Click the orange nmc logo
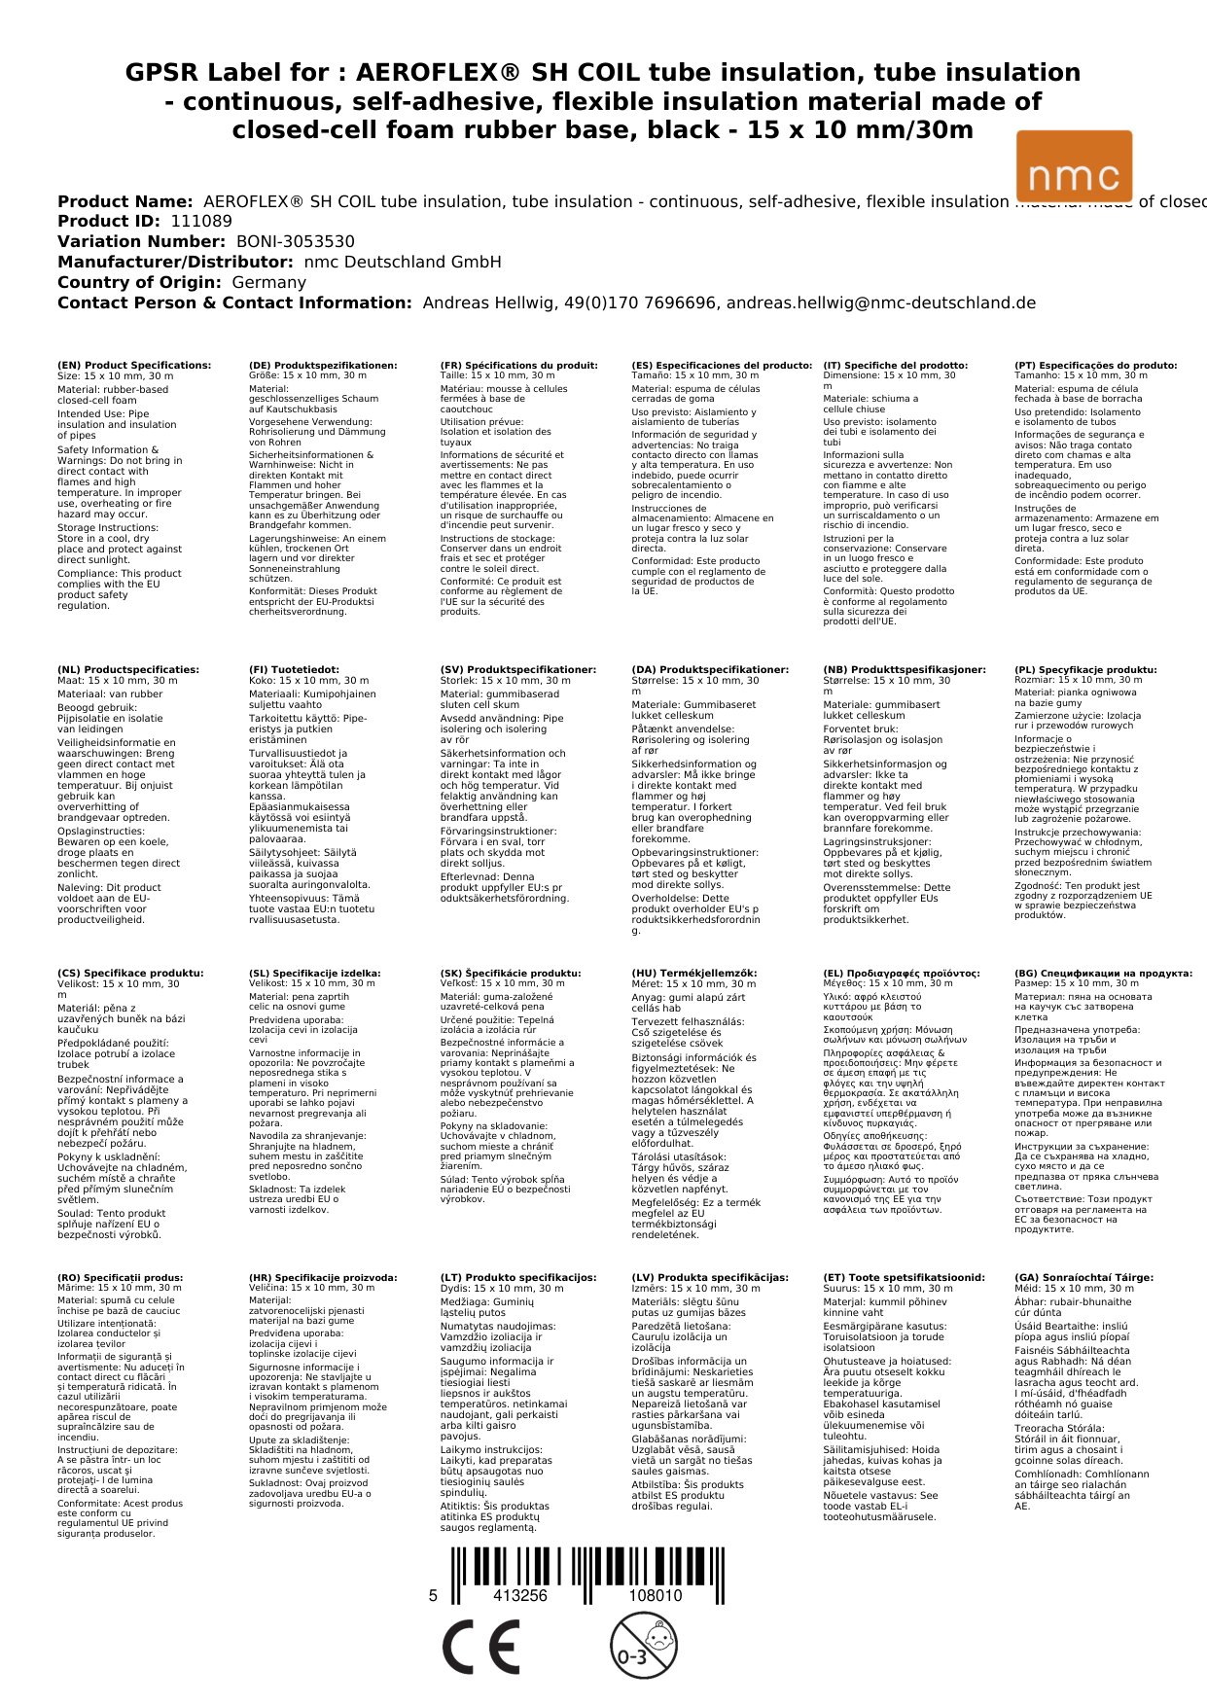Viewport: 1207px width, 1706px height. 1074,166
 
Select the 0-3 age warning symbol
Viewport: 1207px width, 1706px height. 643,1646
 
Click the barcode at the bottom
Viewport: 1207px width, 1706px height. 586,1566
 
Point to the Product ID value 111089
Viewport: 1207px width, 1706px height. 201,222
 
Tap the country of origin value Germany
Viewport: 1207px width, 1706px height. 268,283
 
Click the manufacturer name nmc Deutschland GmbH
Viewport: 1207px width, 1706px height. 403,263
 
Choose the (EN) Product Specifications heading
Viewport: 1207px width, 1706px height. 134,366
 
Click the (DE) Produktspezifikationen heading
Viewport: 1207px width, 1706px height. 323,366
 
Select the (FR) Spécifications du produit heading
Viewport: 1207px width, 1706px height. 518,366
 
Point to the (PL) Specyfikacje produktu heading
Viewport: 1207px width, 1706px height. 1085,670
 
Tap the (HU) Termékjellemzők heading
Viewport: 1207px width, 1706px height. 693,973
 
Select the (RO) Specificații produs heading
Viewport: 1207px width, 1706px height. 120,1277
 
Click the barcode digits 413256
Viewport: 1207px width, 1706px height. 520,1596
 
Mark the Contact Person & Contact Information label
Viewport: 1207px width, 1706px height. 234,303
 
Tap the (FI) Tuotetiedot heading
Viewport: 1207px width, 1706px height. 294,670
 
